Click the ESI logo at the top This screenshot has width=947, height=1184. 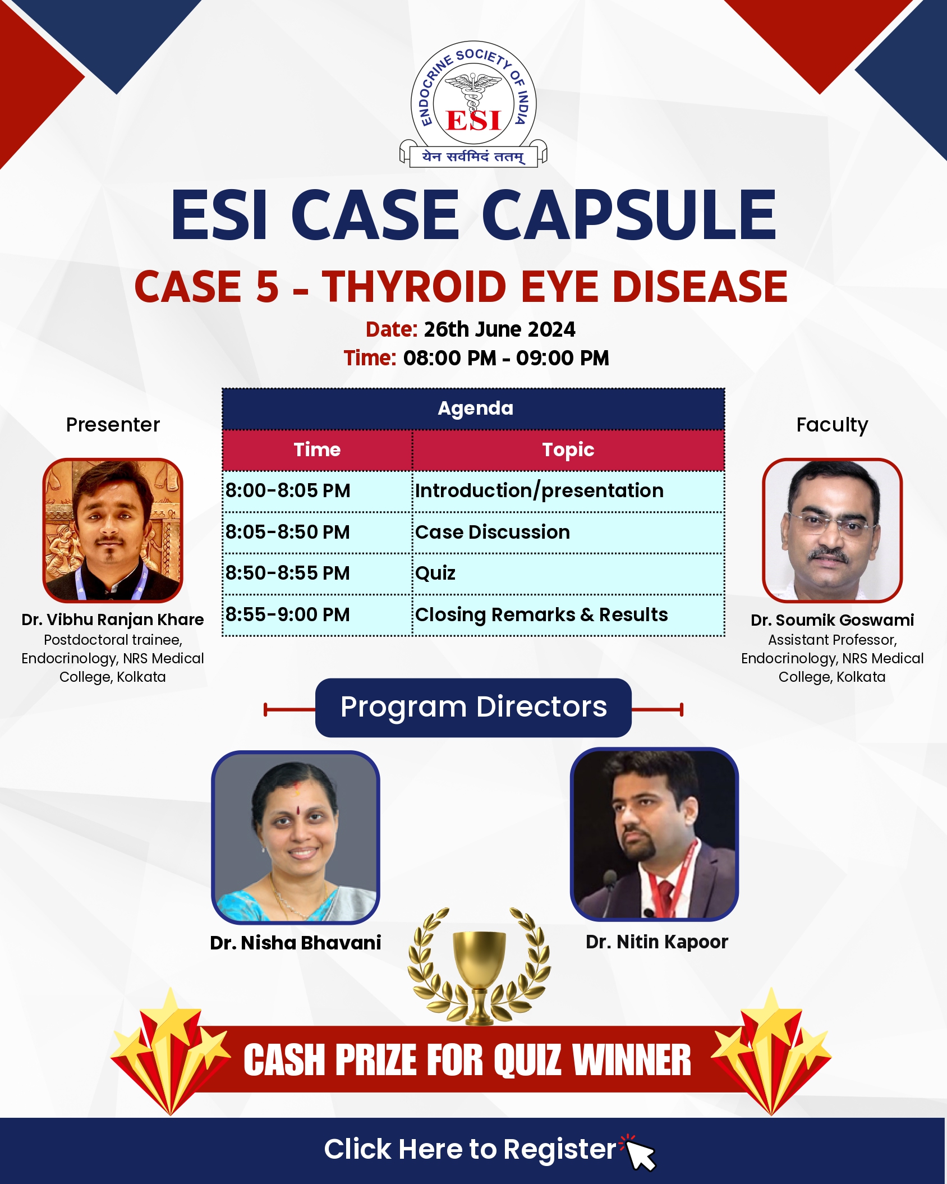[x=473, y=104]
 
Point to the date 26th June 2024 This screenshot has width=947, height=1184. [x=499, y=329]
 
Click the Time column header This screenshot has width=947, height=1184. [x=318, y=450]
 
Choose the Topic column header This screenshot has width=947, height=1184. [x=568, y=450]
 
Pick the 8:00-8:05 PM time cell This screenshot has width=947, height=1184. [x=318, y=491]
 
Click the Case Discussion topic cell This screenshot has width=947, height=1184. [x=568, y=532]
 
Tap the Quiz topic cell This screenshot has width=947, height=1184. [x=568, y=573]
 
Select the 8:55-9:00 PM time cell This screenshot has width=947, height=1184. [x=318, y=615]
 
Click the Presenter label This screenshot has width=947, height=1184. [x=113, y=425]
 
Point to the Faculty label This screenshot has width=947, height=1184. [x=832, y=425]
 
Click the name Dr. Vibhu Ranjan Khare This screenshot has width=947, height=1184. [x=113, y=619]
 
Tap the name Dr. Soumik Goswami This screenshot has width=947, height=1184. [x=832, y=620]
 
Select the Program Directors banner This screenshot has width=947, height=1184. [x=473, y=708]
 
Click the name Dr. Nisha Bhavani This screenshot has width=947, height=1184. [x=296, y=943]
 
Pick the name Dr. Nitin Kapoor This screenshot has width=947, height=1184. [x=657, y=942]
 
